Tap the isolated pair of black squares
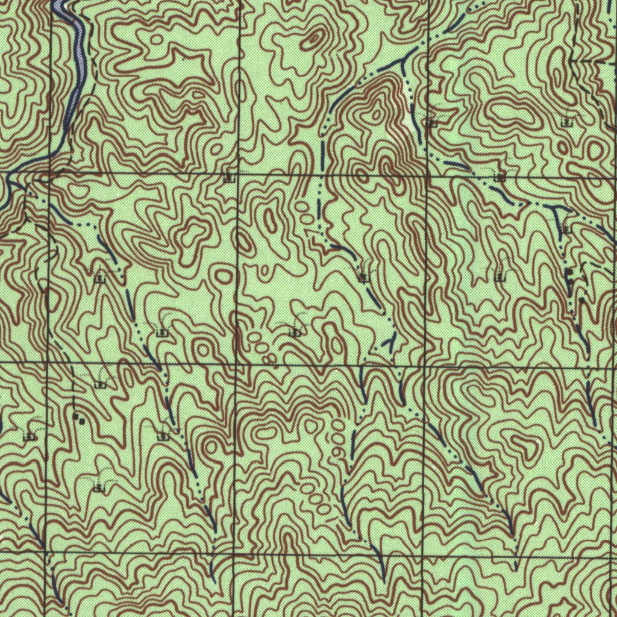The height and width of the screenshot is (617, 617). [x=78, y=418]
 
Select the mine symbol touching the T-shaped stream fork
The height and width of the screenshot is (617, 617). [x=566, y=229]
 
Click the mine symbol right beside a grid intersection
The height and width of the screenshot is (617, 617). [x=229, y=178]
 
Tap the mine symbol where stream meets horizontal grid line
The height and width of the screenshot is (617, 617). [x=500, y=178]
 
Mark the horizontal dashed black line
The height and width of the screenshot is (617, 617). [x=594, y=61]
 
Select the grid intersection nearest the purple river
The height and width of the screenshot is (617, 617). [x=51, y=174]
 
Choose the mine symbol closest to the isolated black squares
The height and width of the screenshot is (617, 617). [x=101, y=383]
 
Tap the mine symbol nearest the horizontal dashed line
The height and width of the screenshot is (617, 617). [x=566, y=122]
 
